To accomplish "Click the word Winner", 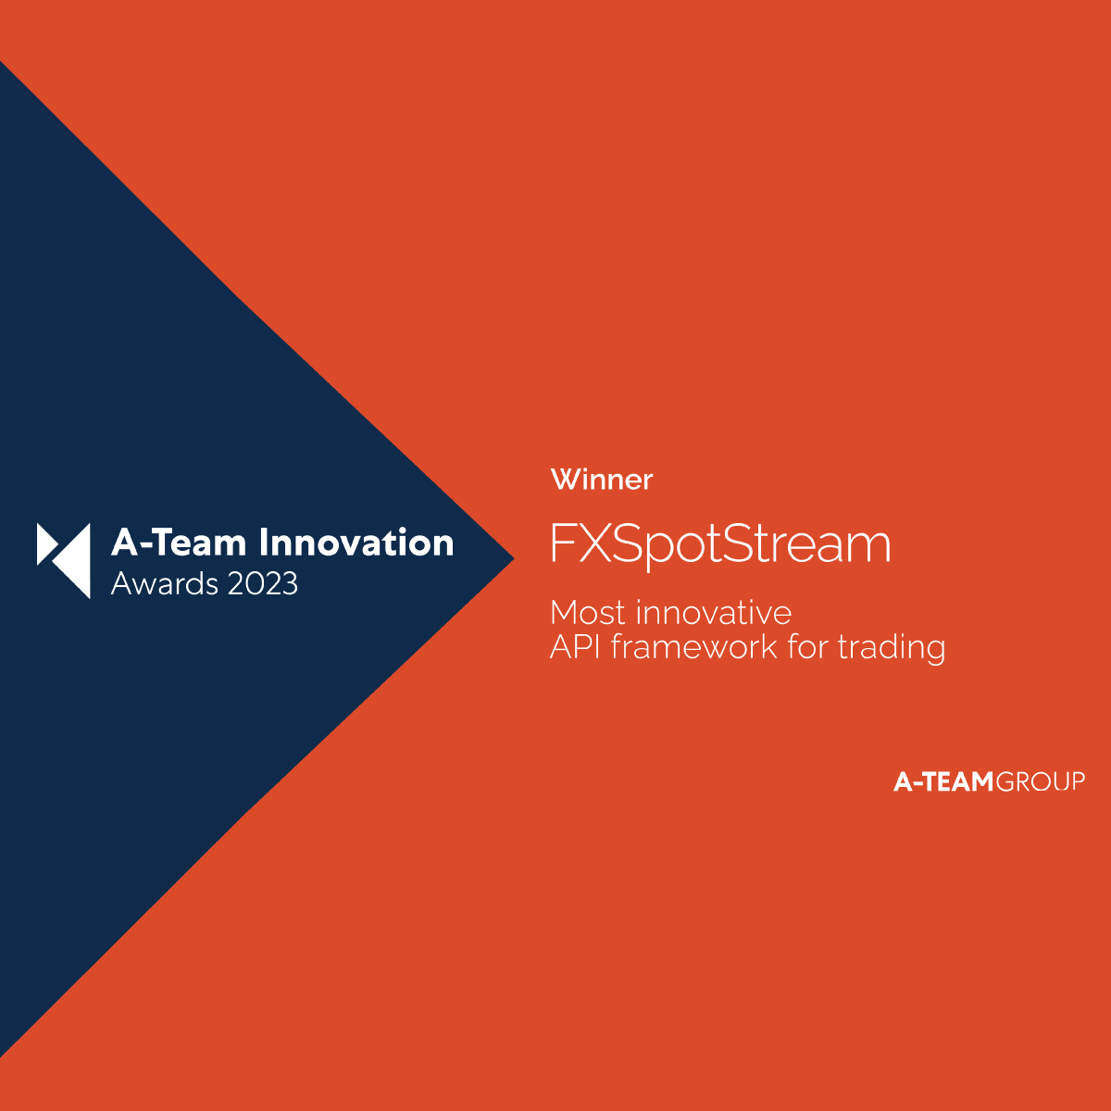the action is coord(602,480).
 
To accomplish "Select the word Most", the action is coord(588,612).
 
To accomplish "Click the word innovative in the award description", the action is coord(715,612).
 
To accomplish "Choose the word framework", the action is coord(694,647).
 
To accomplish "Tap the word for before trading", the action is coord(807,646).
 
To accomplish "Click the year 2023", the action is coord(263,584).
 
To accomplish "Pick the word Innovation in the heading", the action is coord(356,543).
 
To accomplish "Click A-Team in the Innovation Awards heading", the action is coord(179,543).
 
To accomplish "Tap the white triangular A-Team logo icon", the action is coord(64,560).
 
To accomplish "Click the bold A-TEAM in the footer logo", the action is coord(943,781).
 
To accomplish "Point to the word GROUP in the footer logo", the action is coord(1040,781).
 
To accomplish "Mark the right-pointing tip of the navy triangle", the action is coord(514,558).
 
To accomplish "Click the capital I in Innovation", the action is coord(264,543).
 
